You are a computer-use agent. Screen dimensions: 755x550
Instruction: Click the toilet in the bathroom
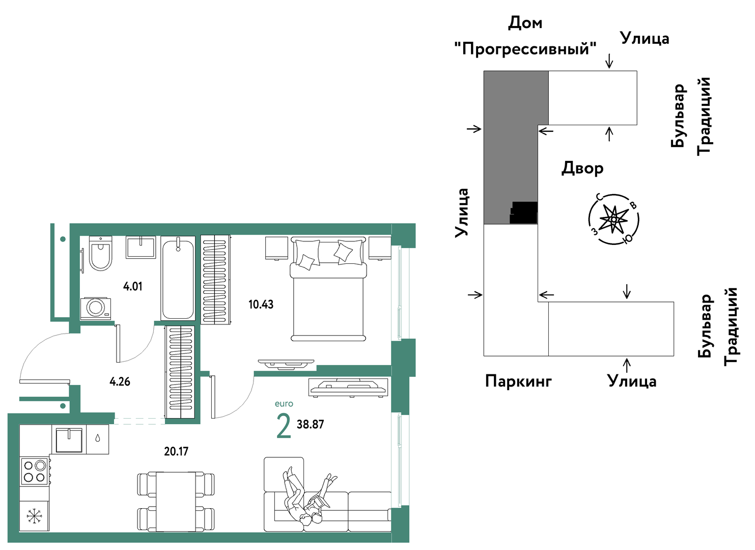pyautogui.click(x=100, y=253)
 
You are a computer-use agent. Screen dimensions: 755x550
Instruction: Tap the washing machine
pyautogui.click(x=95, y=308)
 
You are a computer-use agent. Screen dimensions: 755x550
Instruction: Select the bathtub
pyautogui.click(x=178, y=278)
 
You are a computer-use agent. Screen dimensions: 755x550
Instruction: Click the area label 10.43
pyautogui.click(x=261, y=305)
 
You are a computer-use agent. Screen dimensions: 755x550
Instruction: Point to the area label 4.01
pyautogui.click(x=132, y=287)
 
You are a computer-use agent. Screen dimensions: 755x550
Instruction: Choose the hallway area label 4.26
pyautogui.click(x=120, y=382)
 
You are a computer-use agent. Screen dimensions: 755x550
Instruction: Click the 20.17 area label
pyautogui.click(x=176, y=451)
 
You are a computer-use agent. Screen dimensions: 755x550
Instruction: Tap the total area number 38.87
pyautogui.click(x=310, y=424)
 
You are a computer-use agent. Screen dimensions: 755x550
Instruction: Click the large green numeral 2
pyautogui.click(x=284, y=426)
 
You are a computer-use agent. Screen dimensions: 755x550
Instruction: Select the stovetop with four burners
pyautogui.click(x=35, y=472)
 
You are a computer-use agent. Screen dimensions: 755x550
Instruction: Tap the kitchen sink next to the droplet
pyautogui.click(x=69, y=439)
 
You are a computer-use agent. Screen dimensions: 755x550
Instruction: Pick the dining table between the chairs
pyautogui.click(x=176, y=502)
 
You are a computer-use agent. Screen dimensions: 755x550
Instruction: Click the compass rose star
pyautogui.click(x=613, y=219)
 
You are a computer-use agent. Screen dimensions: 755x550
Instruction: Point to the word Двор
pyautogui.click(x=582, y=168)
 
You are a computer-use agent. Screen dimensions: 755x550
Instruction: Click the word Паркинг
pyautogui.click(x=518, y=381)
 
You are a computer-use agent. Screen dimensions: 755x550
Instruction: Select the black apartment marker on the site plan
pyautogui.click(x=523, y=213)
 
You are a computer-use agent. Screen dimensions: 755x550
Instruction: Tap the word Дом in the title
pyautogui.click(x=525, y=23)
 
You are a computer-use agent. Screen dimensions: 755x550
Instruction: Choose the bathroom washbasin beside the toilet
pyautogui.click(x=141, y=247)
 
